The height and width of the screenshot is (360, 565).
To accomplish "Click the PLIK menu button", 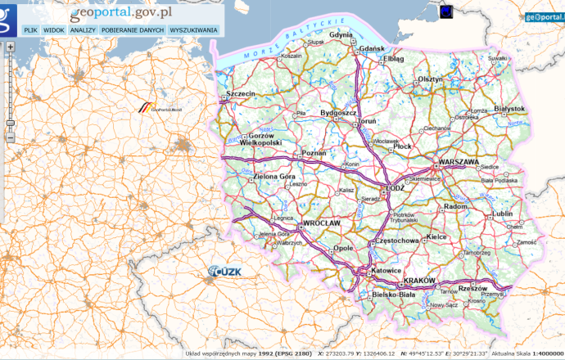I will (30, 29).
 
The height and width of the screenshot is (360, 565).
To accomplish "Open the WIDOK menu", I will (54, 29).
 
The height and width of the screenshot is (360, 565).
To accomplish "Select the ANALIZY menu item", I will (83, 29).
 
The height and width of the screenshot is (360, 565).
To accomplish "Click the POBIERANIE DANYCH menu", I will (133, 29).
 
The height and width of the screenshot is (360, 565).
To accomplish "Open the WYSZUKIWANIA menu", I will (193, 29).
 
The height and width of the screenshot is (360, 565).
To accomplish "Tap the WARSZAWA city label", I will (459, 162).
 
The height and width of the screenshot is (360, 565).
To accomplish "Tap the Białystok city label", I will (509, 108).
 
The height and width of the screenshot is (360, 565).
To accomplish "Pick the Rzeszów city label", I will (472, 288).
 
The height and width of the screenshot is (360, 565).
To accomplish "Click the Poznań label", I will (314, 153).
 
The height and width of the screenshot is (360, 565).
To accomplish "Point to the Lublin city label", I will (502, 214).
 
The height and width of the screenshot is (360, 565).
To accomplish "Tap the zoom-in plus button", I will (10, 47).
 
